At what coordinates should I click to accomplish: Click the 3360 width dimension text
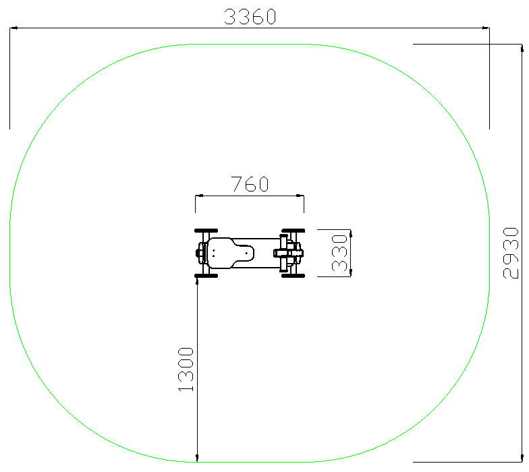click(250, 16)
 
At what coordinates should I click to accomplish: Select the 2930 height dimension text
click(510, 254)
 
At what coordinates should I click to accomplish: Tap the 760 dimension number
click(250, 184)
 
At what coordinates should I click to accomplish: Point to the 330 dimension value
click(339, 254)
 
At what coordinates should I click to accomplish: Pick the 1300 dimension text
click(186, 370)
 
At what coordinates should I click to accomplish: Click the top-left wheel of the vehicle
click(206, 231)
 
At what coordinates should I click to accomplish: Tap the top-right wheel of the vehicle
click(293, 231)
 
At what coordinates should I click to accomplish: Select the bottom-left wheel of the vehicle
click(206, 276)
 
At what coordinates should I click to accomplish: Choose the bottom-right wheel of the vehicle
click(293, 276)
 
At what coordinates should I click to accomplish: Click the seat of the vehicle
click(229, 254)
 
